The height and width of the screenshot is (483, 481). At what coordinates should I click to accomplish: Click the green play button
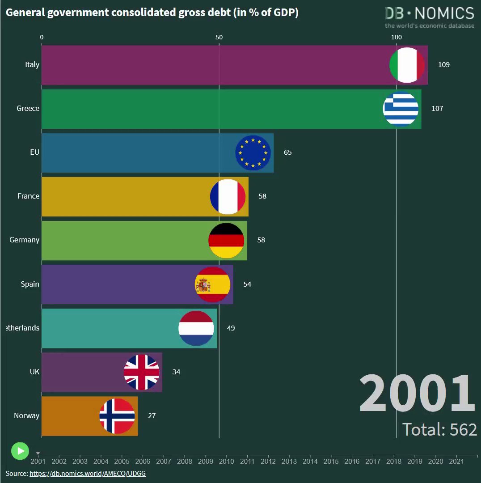pyautogui.click(x=20, y=451)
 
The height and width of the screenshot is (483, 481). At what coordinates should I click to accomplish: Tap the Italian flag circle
pyautogui.click(x=407, y=65)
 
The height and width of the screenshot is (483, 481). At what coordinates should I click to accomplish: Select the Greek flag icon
pyautogui.click(x=401, y=109)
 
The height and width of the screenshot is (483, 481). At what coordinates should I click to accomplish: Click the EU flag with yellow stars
pyautogui.click(x=253, y=153)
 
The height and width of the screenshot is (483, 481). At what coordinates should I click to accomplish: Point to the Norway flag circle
pyautogui.click(x=117, y=416)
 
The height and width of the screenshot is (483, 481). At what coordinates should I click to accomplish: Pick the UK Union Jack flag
pyautogui.click(x=142, y=373)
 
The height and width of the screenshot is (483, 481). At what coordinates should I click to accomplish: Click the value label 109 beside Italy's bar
pyautogui.click(x=444, y=65)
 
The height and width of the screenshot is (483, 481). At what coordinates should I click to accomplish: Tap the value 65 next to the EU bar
pyautogui.click(x=287, y=153)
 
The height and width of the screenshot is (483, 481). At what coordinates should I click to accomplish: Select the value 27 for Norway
pyautogui.click(x=152, y=416)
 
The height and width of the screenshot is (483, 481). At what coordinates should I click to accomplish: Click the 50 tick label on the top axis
pyautogui.click(x=219, y=37)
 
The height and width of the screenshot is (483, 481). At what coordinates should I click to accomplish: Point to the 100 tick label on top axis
pyautogui.click(x=397, y=37)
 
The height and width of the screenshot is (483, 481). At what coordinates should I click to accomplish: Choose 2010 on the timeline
pyautogui.click(x=226, y=462)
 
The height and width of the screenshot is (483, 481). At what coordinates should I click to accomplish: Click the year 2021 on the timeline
pyautogui.click(x=456, y=462)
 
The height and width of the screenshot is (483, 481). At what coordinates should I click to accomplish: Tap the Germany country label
pyautogui.click(x=24, y=240)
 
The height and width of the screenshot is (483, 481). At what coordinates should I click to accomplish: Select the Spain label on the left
pyautogui.click(x=30, y=284)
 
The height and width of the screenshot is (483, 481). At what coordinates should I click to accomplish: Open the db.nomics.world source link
pyautogui.click(x=88, y=474)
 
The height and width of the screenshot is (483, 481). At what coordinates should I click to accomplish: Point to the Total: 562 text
pyautogui.click(x=439, y=429)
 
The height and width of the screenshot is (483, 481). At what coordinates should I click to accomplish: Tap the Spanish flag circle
pyautogui.click(x=212, y=284)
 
